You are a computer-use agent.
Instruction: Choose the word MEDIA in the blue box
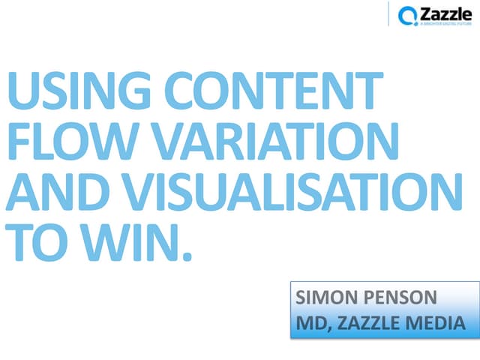point(446,324)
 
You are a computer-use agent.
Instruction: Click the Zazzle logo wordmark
point(445,13)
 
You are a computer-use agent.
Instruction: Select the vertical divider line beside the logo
point(388,15)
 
